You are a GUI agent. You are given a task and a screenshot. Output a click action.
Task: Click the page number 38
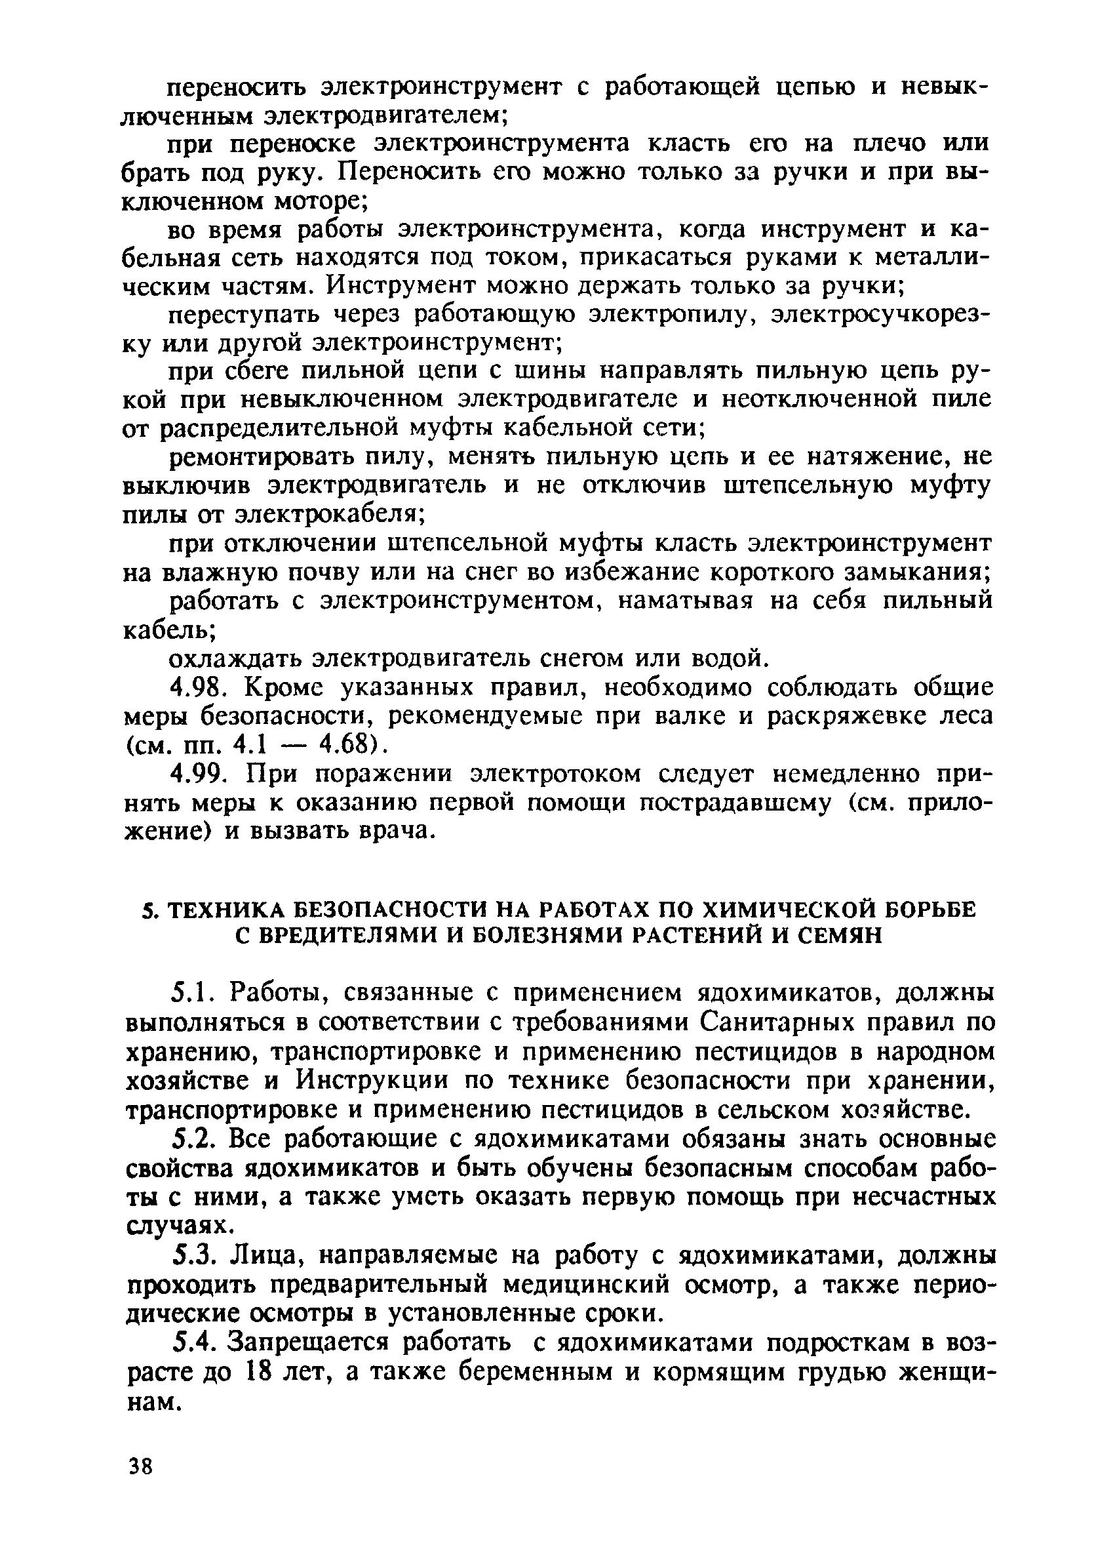click(140, 1466)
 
